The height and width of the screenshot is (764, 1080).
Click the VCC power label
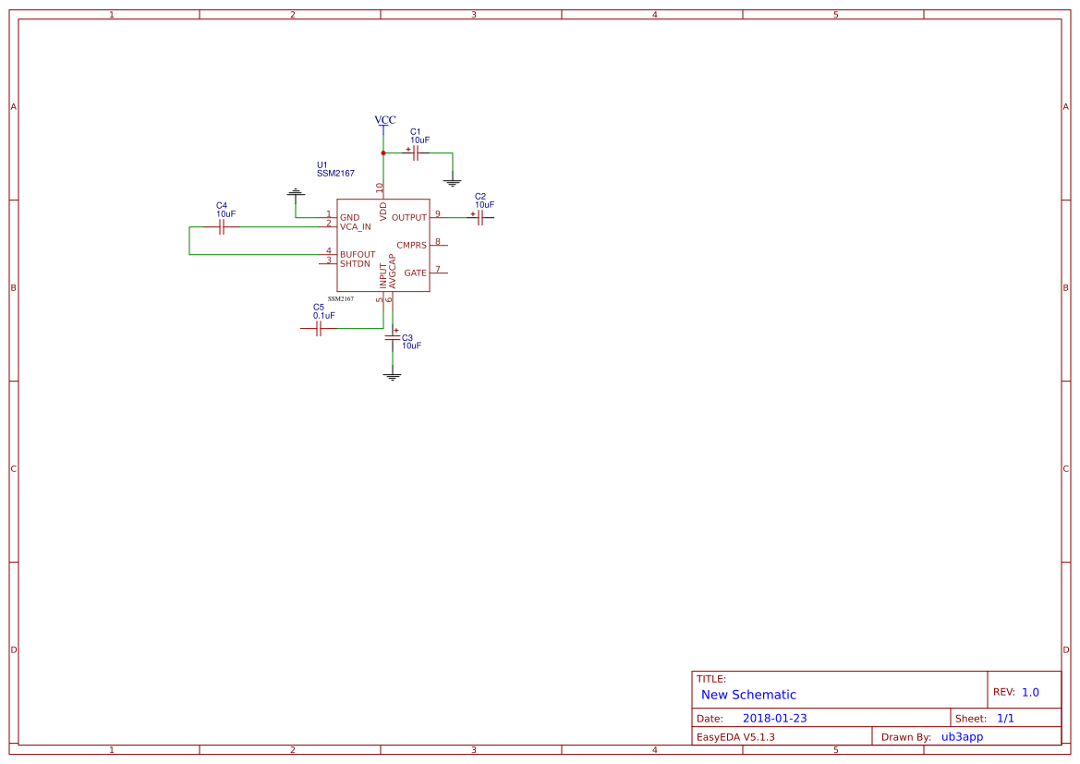(x=384, y=120)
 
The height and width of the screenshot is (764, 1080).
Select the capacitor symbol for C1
(x=416, y=153)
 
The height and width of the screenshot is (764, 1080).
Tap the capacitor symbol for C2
(x=480, y=218)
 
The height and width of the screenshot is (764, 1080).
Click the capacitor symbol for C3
(x=393, y=338)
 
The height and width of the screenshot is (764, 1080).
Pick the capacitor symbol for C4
(x=222, y=227)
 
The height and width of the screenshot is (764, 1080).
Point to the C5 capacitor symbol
(x=318, y=328)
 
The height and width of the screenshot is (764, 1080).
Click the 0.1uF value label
(x=323, y=316)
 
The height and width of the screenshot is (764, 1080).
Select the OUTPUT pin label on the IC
(x=409, y=218)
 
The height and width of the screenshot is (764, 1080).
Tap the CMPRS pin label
(x=411, y=246)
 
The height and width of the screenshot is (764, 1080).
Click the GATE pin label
(x=415, y=273)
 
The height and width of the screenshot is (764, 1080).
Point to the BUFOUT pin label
(x=358, y=255)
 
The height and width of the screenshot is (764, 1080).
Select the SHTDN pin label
(x=355, y=264)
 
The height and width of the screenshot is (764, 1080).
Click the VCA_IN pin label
(x=356, y=227)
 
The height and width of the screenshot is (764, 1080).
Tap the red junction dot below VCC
(x=383, y=153)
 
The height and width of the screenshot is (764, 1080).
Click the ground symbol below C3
(x=393, y=376)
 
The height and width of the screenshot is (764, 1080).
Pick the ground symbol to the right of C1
(x=453, y=183)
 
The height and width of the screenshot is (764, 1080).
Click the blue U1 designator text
(x=322, y=164)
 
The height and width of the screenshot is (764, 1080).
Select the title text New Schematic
(x=748, y=695)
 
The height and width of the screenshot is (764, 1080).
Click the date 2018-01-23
(x=774, y=719)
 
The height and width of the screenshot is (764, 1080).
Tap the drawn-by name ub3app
(x=962, y=737)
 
